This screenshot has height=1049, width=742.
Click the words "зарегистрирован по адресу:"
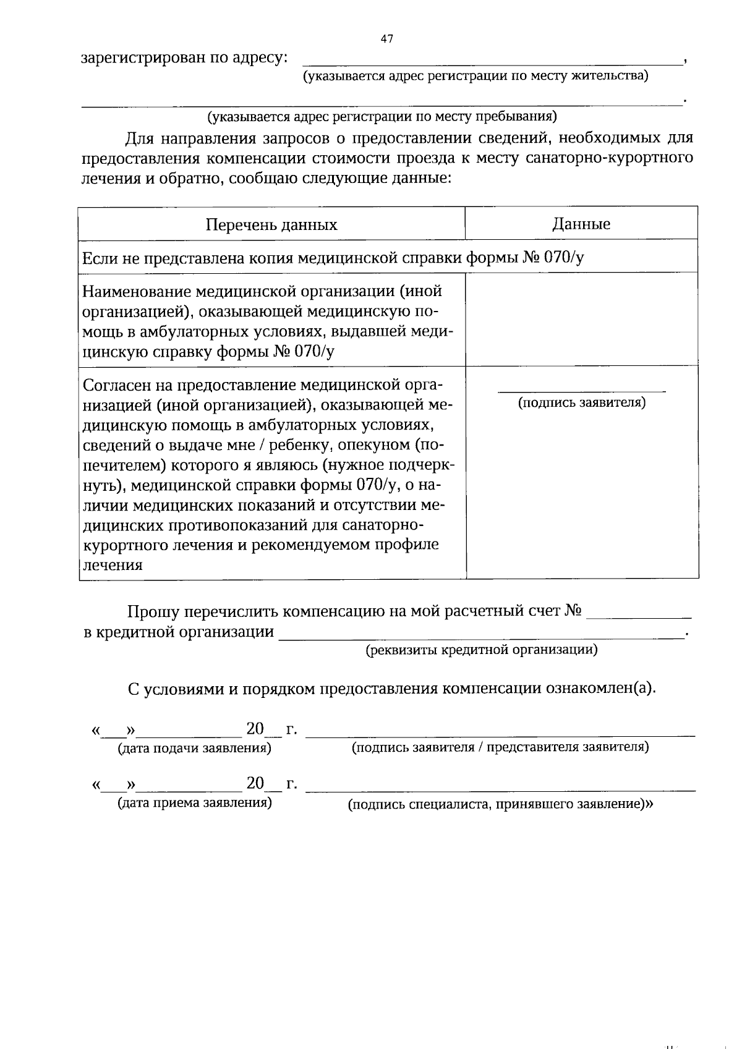pyautogui.click(x=184, y=58)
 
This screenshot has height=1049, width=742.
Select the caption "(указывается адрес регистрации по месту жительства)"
pyautogui.click(x=475, y=76)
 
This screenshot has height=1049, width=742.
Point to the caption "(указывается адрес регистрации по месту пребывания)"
pyautogui.click(x=382, y=116)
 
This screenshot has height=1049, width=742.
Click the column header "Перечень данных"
pyautogui.click(x=271, y=224)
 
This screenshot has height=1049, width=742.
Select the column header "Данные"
pyautogui.click(x=581, y=224)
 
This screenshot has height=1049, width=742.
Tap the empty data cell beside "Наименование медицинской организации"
pyautogui.click(x=581, y=319)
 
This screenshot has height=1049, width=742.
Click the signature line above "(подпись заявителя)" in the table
pyautogui.click(x=581, y=391)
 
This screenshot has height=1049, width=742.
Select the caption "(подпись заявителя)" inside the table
pyautogui.click(x=581, y=403)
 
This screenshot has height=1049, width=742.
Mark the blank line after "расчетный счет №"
pyautogui.click(x=638, y=617)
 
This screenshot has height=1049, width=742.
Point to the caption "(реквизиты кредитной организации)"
pyautogui.click(x=481, y=650)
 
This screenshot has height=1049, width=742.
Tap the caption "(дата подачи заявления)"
pyautogui.click(x=194, y=749)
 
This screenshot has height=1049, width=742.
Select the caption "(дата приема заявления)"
pyautogui.click(x=194, y=803)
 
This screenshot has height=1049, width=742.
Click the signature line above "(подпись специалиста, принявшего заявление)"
pyautogui.click(x=500, y=791)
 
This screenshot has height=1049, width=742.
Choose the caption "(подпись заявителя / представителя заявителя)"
pyautogui.click(x=500, y=747)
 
